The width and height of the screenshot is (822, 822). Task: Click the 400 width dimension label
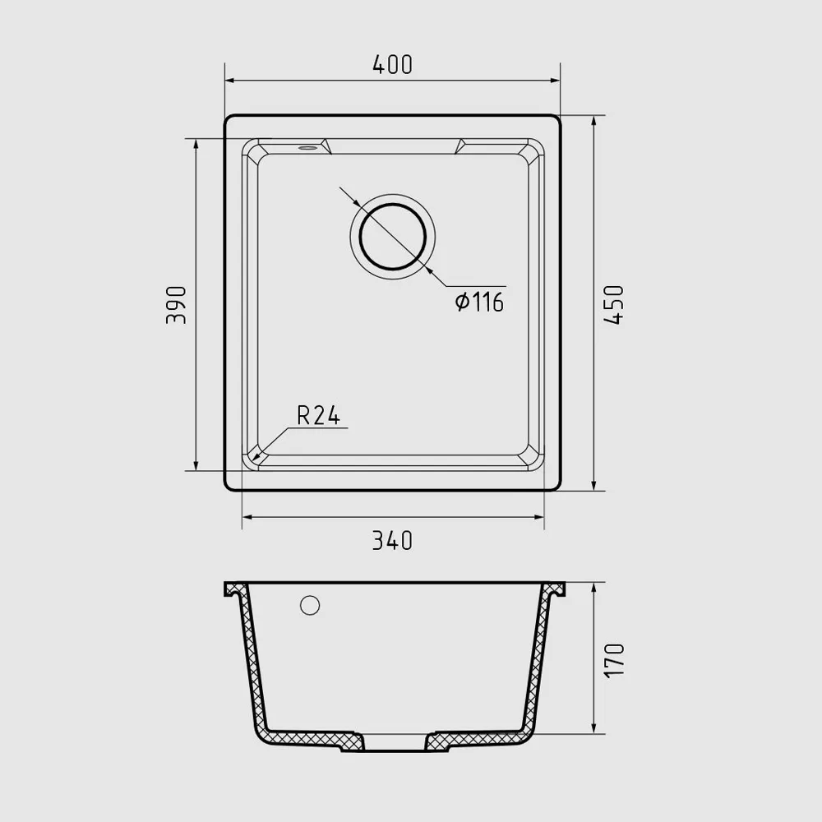(x=393, y=64)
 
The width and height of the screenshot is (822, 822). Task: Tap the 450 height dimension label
(x=614, y=305)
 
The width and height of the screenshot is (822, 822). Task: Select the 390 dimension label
(x=176, y=305)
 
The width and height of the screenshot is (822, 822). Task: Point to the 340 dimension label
(x=393, y=541)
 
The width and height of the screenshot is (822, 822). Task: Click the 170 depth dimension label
(x=614, y=660)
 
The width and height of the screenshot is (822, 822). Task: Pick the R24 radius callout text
(x=319, y=416)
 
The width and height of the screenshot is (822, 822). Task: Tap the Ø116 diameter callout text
(x=480, y=302)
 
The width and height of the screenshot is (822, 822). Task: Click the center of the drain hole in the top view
(x=393, y=237)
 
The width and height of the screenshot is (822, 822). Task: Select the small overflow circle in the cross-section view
(x=310, y=605)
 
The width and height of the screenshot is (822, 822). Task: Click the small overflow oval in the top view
(x=307, y=148)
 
